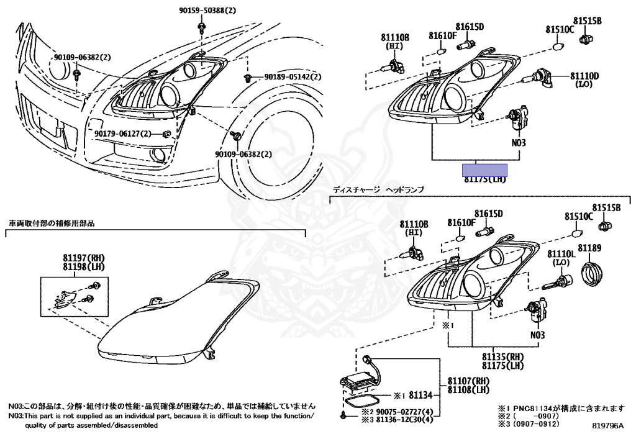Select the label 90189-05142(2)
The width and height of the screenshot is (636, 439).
coord(293,77)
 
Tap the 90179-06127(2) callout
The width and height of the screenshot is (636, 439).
coord(123,134)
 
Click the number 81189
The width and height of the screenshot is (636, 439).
coord(590,248)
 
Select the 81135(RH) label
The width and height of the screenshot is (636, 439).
coord(502,357)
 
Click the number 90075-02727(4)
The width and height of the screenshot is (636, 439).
coord(402,410)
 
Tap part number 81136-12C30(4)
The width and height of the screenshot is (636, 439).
coord(402,419)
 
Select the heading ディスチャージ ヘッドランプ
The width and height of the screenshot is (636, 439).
coord(378,189)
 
